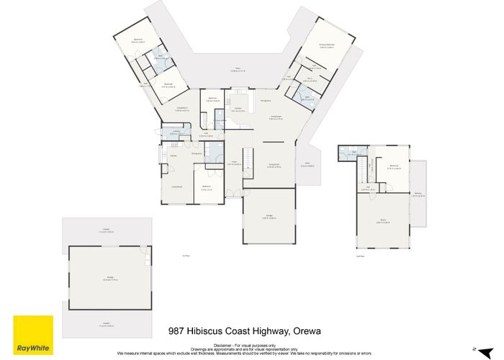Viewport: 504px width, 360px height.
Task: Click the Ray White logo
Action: [x=32, y=336]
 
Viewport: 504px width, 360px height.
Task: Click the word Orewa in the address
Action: [x=305, y=331]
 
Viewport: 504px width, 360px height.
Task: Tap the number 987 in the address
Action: [x=176, y=331]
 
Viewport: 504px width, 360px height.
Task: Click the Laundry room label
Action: [x=175, y=132]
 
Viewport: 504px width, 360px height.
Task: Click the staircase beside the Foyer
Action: [x=248, y=158]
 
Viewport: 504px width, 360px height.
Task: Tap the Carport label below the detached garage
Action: [x=106, y=324]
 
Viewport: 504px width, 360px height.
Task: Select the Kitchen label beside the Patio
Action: [x=238, y=110]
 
